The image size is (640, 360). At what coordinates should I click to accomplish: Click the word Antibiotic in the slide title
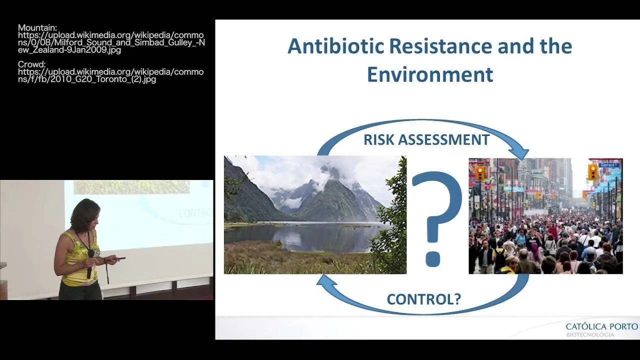(335, 46)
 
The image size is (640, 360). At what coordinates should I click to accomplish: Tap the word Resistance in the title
(440, 46)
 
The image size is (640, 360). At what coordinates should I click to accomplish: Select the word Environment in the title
(430, 74)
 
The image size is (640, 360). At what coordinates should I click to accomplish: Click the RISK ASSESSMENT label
(426, 139)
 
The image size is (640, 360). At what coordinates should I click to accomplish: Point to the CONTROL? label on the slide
(423, 299)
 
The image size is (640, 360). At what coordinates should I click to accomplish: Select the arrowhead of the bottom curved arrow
(325, 280)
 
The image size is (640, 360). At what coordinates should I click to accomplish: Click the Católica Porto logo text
(601, 326)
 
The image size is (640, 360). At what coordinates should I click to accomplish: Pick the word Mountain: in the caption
(37, 27)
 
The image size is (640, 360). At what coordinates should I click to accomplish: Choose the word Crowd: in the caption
(31, 64)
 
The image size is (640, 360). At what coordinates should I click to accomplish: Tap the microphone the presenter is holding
(90, 263)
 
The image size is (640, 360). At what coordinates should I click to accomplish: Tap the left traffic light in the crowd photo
(479, 173)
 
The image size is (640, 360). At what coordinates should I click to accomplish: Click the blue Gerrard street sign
(608, 165)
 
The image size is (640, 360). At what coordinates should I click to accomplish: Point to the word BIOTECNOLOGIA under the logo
(590, 335)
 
